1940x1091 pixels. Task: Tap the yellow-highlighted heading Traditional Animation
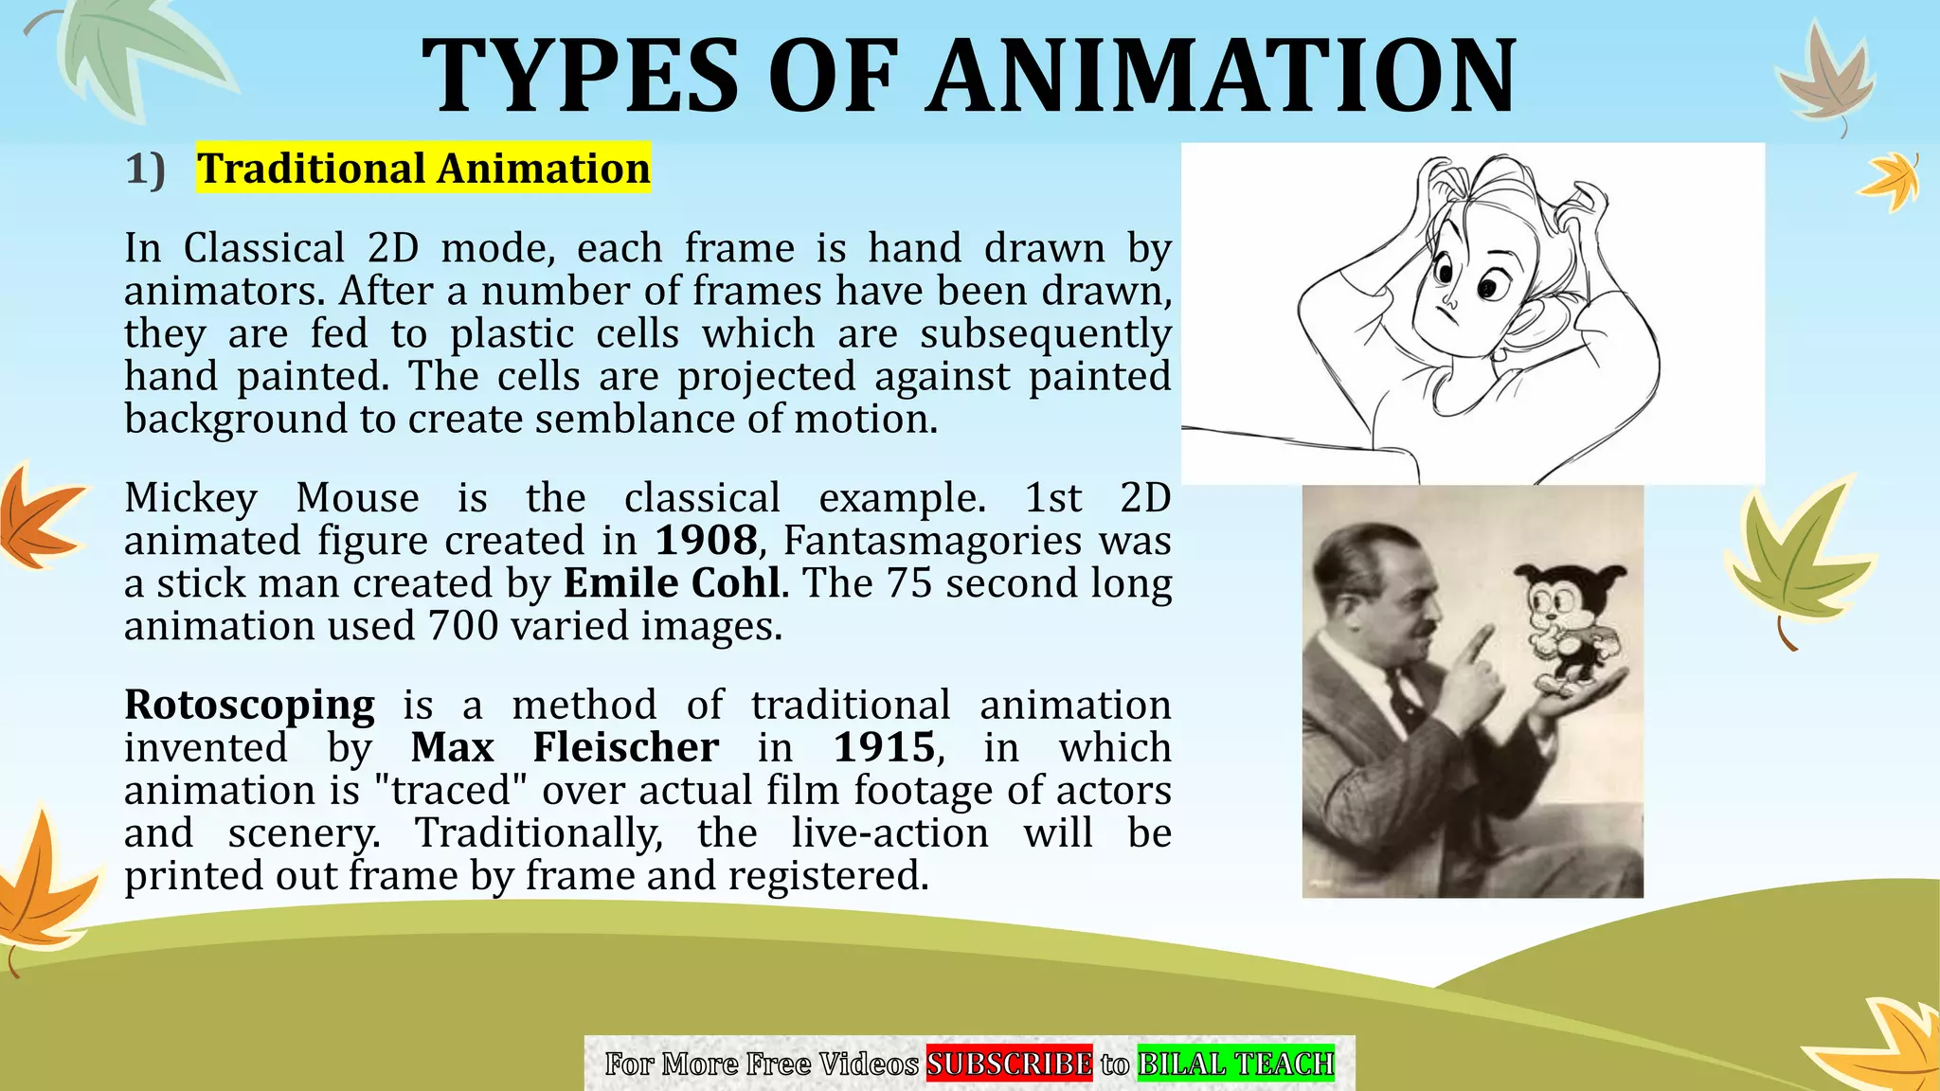click(423, 169)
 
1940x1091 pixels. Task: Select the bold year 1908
click(707, 541)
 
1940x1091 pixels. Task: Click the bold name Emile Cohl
click(672, 583)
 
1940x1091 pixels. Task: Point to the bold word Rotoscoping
click(249, 706)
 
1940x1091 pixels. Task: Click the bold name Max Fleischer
click(565, 748)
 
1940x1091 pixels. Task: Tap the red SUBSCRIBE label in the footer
click(1009, 1064)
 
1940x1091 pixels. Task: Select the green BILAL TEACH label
click(1235, 1064)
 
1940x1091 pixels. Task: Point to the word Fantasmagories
click(932, 541)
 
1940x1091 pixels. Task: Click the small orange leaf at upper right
click(1891, 180)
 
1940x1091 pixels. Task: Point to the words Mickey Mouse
click(272, 498)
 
